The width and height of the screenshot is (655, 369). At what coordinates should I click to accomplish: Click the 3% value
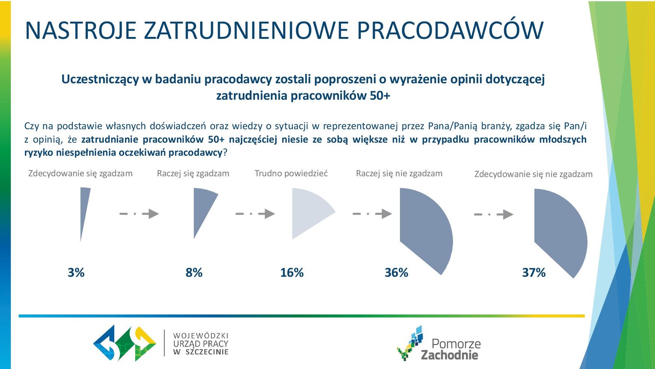pyautogui.click(x=76, y=272)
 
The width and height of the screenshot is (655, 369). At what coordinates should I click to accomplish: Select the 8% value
pyautogui.click(x=194, y=272)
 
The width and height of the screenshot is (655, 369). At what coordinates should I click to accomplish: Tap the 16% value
pyautogui.click(x=292, y=272)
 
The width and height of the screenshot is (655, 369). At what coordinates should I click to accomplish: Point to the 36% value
pyautogui.click(x=397, y=272)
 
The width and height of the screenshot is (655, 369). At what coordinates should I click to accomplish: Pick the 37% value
pyautogui.click(x=534, y=272)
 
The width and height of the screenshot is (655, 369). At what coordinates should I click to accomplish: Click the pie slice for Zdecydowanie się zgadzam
pyautogui.click(x=84, y=209)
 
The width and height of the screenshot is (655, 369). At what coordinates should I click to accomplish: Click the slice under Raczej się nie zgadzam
pyautogui.click(x=424, y=228)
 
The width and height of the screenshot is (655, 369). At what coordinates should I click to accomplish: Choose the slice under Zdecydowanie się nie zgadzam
pyautogui.click(x=558, y=230)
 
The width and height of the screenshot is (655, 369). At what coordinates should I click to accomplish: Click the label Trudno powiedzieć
pyautogui.click(x=291, y=173)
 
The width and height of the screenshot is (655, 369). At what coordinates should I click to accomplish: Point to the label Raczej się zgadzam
pyautogui.click(x=193, y=174)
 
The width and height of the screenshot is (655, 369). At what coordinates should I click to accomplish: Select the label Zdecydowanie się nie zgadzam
pyautogui.click(x=534, y=174)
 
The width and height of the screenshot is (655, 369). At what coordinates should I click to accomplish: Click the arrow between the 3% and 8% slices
pyautogui.click(x=139, y=214)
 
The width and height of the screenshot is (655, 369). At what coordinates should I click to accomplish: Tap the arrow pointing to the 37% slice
pyautogui.click(x=494, y=214)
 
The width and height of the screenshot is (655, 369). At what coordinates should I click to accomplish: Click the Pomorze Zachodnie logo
pyautogui.click(x=439, y=343)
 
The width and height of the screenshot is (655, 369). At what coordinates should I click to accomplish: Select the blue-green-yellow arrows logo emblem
pyautogui.click(x=125, y=343)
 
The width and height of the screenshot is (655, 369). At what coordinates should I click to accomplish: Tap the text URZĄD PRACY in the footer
pyautogui.click(x=201, y=344)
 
